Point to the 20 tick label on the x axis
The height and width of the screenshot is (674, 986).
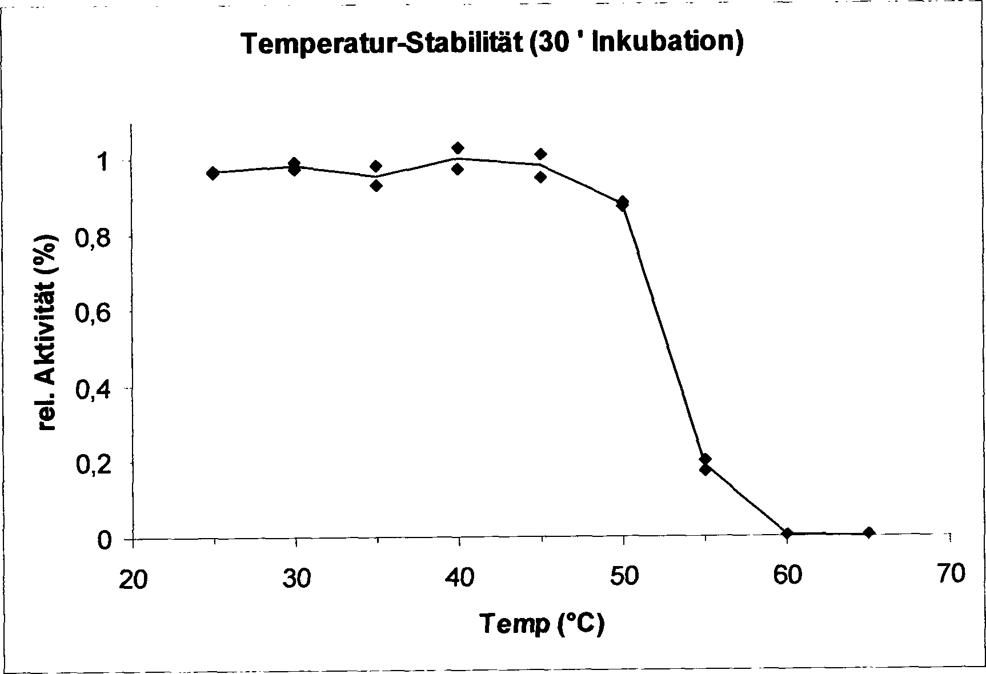[x=133, y=579]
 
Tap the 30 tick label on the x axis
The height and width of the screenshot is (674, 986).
[x=296, y=578]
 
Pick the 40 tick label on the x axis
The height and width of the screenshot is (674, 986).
[x=459, y=577]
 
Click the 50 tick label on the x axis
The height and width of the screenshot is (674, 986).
[x=623, y=576]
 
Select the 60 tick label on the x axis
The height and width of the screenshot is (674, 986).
[x=787, y=575]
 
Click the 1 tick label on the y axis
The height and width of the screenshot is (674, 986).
[x=103, y=163]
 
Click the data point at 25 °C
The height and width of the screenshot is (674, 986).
[x=213, y=173]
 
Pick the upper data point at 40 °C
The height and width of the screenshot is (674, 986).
[x=458, y=149]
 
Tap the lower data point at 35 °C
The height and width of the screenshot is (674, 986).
[x=376, y=185]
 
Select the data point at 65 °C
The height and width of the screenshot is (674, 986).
[x=869, y=533]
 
